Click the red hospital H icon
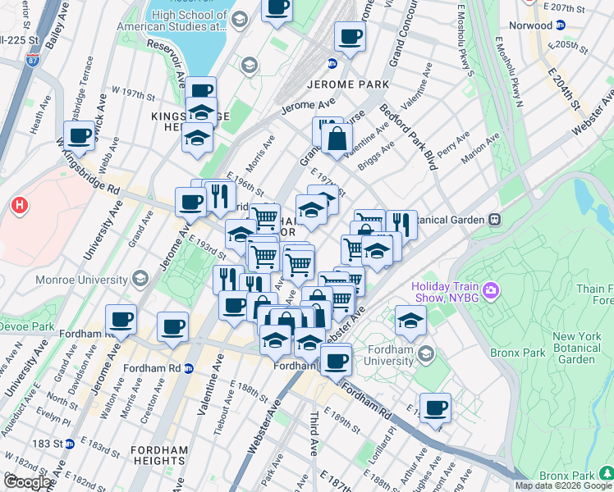(17, 204)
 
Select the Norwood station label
(530, 25)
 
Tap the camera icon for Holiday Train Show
(492, 289)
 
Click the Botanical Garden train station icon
(495, 220)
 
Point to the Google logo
(28, 482)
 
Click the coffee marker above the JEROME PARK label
(350, 37)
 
